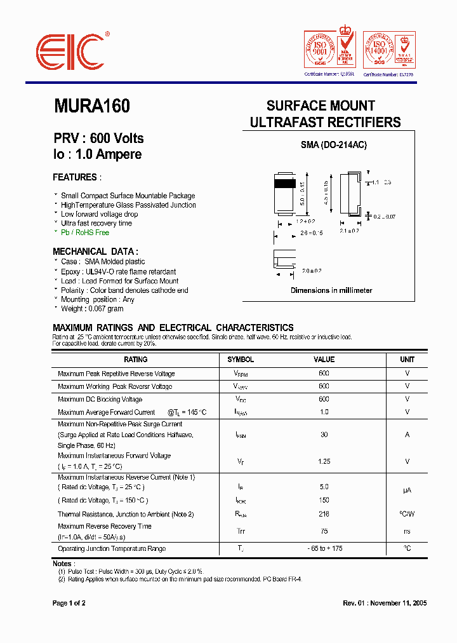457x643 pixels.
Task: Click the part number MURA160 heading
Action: point(92,106)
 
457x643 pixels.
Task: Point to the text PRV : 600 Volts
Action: point(98,139)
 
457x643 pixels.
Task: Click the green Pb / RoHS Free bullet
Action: point(85,233)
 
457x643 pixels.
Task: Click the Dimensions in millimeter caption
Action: point(331,290)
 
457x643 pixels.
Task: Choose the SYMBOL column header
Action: point(241,360)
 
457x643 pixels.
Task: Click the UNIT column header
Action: point(407,360)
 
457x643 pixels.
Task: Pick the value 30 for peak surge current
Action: point(324,435)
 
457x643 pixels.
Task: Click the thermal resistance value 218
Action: point(324,514)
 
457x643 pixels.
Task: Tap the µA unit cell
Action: point(407,490)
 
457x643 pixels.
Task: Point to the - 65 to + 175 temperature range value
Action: point(324,548)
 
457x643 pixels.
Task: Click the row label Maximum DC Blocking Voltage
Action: point(100,400)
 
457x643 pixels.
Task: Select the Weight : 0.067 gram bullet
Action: point(92,309)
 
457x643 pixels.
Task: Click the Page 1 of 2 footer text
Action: point(69,603)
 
